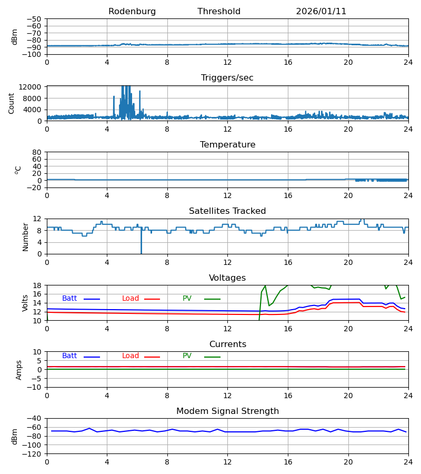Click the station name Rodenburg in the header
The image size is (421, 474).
132,12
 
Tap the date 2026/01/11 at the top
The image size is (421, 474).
321,12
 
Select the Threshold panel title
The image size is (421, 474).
219,12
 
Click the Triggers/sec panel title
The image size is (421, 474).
227,78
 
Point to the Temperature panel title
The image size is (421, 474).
227,145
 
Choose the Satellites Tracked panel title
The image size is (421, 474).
227,211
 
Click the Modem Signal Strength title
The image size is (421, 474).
227,411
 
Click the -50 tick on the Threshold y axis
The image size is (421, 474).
36,19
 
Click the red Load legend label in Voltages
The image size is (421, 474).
131,299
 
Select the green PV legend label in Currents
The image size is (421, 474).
187,356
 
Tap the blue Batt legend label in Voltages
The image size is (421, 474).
69,299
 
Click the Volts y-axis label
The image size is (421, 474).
25,303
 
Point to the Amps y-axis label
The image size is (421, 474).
19,370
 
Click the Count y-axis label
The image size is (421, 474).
12,103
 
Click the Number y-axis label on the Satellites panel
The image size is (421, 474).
25,236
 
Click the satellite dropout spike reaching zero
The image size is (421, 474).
141,251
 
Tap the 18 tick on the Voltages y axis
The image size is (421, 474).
37,285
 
